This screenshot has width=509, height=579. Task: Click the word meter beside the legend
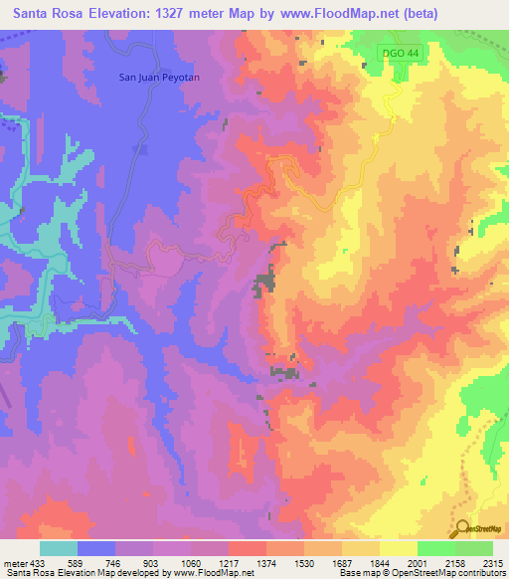point(14,563)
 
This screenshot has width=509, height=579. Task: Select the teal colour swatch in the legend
point(59,548)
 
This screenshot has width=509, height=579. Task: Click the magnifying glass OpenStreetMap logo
point(462,528)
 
